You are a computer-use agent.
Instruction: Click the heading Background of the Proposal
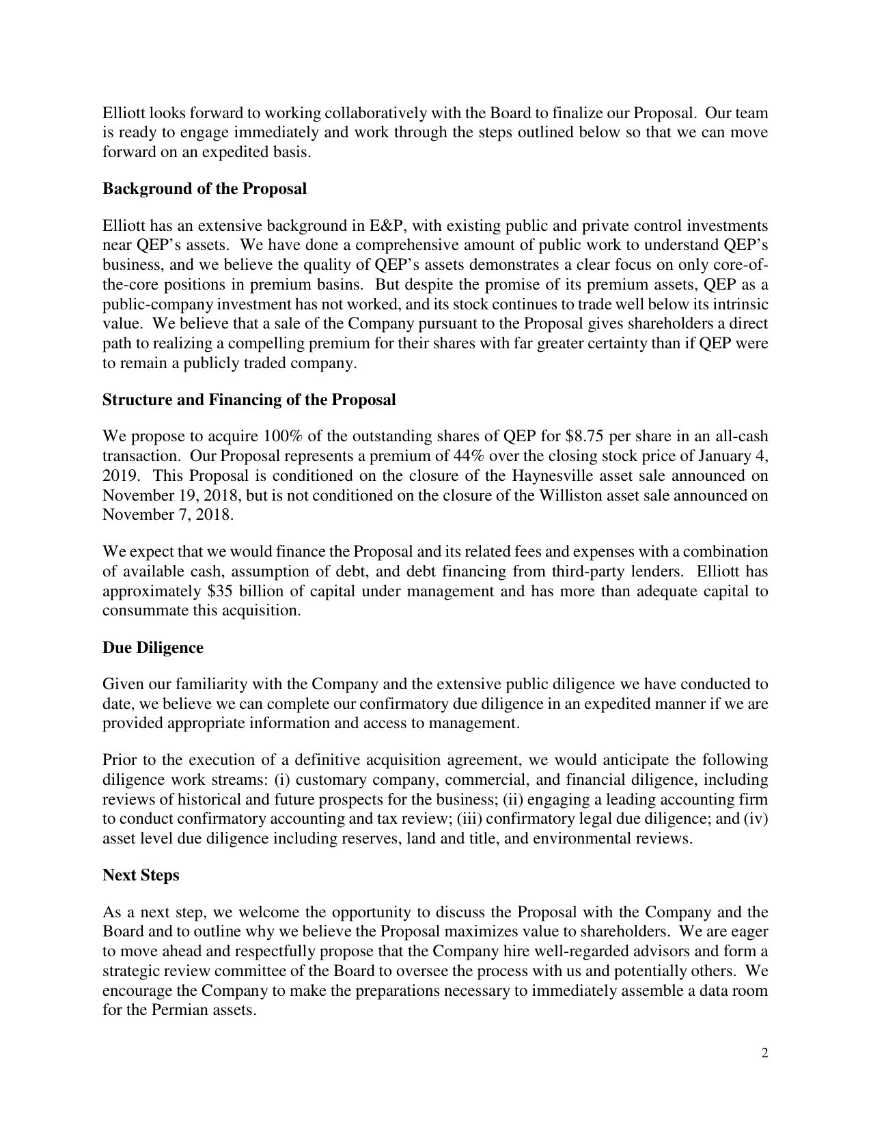pos(204,189)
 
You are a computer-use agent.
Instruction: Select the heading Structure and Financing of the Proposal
pos(249,400)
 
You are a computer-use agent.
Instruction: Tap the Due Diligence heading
pos(152,648)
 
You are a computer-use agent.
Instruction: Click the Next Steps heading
pos(141,875)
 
